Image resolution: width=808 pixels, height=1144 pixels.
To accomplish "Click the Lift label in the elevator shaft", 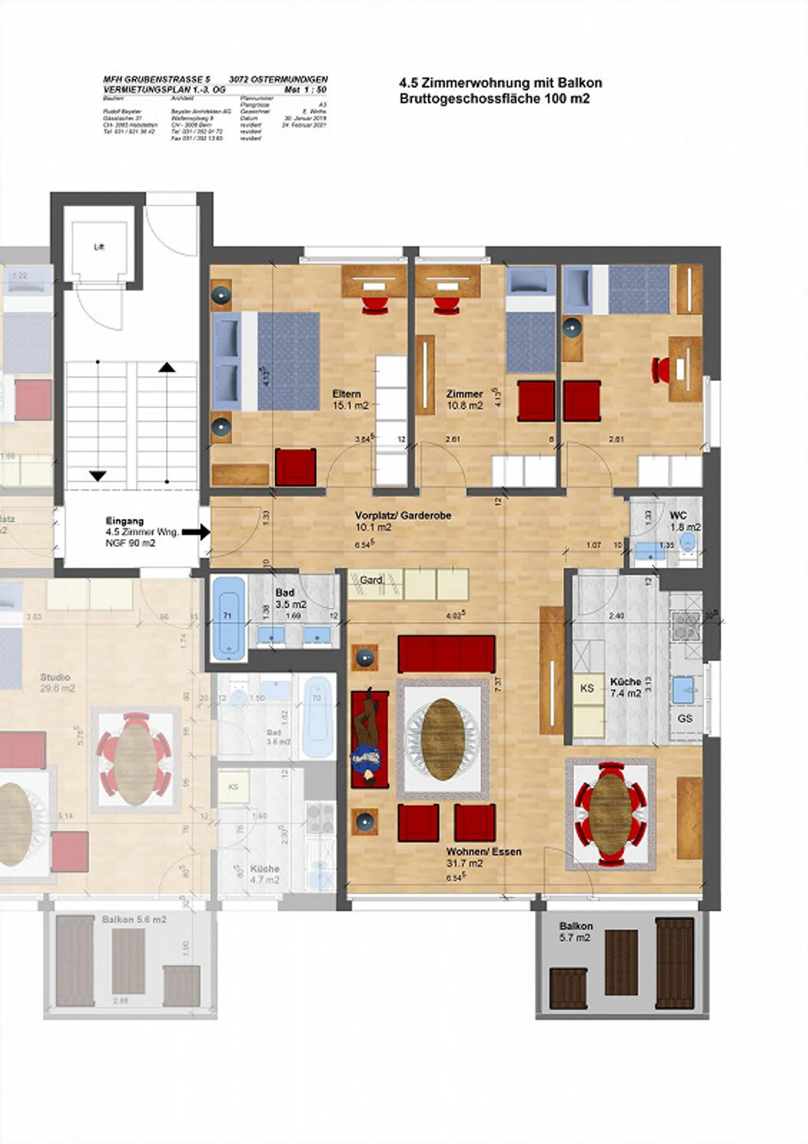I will click(x=99, y=247).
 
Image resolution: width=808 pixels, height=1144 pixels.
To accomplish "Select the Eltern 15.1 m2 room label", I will click(x=350, y=399).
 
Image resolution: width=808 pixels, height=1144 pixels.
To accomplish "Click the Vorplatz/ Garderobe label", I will click(x=402, y=516).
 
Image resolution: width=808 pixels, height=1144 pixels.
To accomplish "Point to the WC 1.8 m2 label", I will click(x=684, y=521).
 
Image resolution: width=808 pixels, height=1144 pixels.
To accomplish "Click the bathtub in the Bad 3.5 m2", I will click(x=228, y=618).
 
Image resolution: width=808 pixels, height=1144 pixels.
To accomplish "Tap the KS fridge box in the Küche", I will click(x=587, y=688).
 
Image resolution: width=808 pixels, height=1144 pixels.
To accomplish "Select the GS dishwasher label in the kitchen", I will click(x=685, y=718).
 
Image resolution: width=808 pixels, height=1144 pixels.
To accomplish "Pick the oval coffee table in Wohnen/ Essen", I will click(x=442, y=738).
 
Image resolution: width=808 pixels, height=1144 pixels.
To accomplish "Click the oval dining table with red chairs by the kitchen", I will click(x=610, y=813).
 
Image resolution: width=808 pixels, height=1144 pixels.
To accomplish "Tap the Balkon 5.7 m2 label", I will click(x=576, y=932).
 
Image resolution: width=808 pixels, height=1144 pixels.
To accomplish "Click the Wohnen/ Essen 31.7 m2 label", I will click(x=483, y=857).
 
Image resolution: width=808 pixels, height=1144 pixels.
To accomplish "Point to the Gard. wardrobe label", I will click(x=371, y=580).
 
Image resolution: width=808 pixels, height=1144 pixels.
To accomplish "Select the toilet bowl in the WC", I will click(x=688, y=542).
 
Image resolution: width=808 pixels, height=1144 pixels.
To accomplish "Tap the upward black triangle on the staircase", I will click(x=167, y=367).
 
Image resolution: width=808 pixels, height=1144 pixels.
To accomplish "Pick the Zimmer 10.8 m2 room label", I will click(x=465, y=399).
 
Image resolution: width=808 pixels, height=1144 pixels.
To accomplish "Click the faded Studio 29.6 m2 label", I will click(x=57, y=683).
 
